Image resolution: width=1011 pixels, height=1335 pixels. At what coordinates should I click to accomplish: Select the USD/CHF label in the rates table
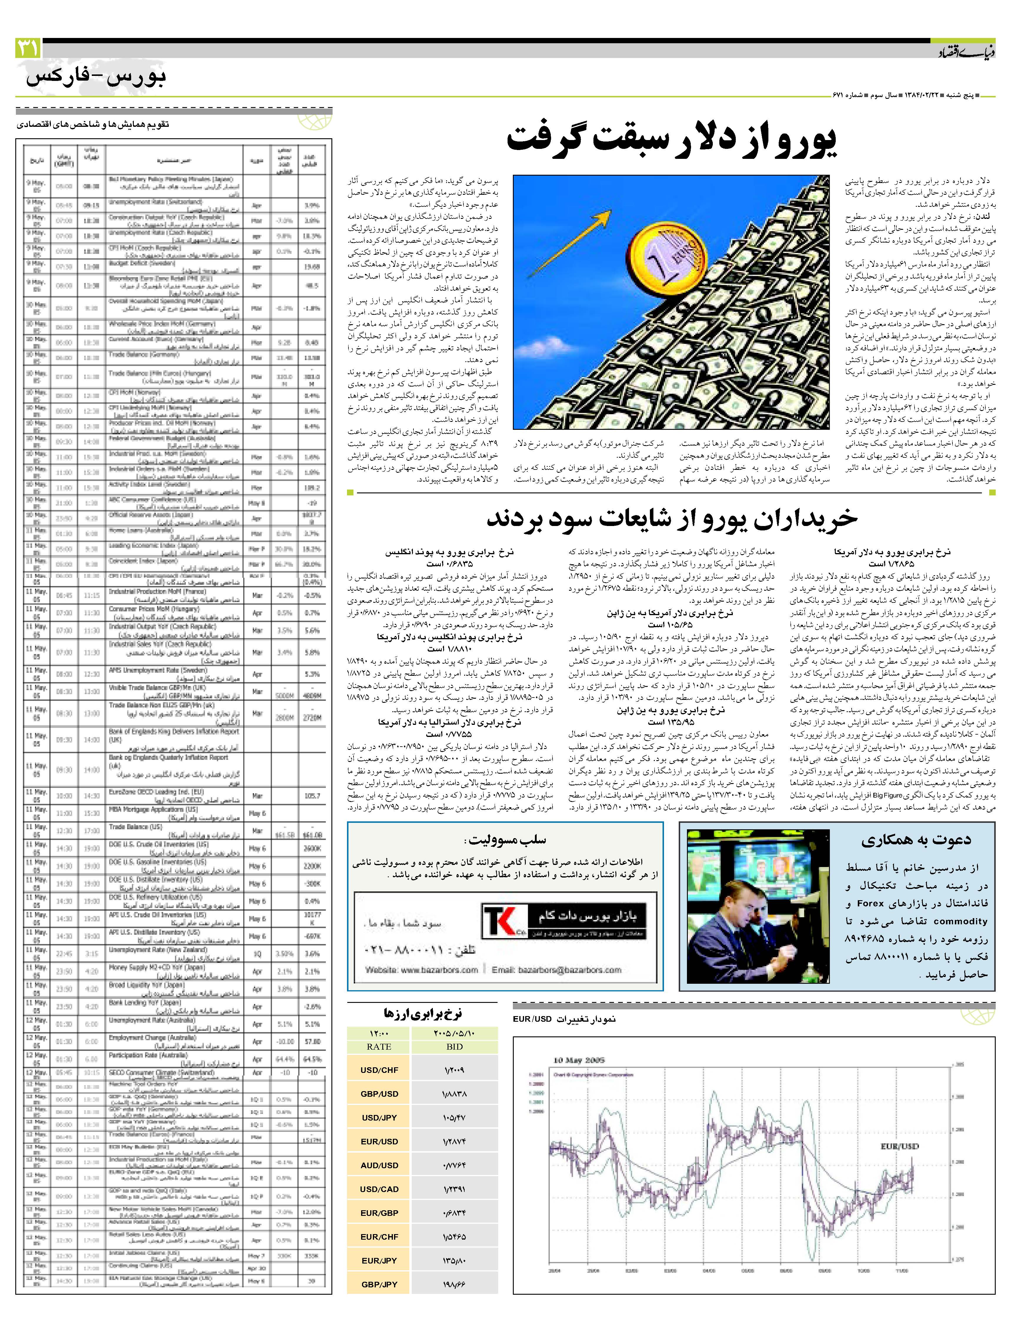click(379, 1070)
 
